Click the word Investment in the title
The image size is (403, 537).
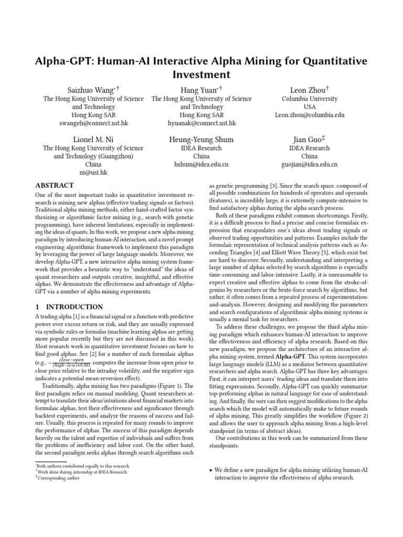[201, 74]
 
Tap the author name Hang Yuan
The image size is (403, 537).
[199, 90]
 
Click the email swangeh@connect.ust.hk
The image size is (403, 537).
[93, 123]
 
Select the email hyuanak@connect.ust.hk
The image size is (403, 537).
[201, 123]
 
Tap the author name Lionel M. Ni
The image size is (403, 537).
[93, 139]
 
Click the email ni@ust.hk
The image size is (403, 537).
[93, 173]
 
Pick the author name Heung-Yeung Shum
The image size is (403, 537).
[201, 139]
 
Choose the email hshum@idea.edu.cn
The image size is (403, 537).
[201, 164]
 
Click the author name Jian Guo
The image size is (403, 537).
[307, 139]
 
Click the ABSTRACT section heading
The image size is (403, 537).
[54, 186]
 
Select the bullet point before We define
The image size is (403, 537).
[210, 471]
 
